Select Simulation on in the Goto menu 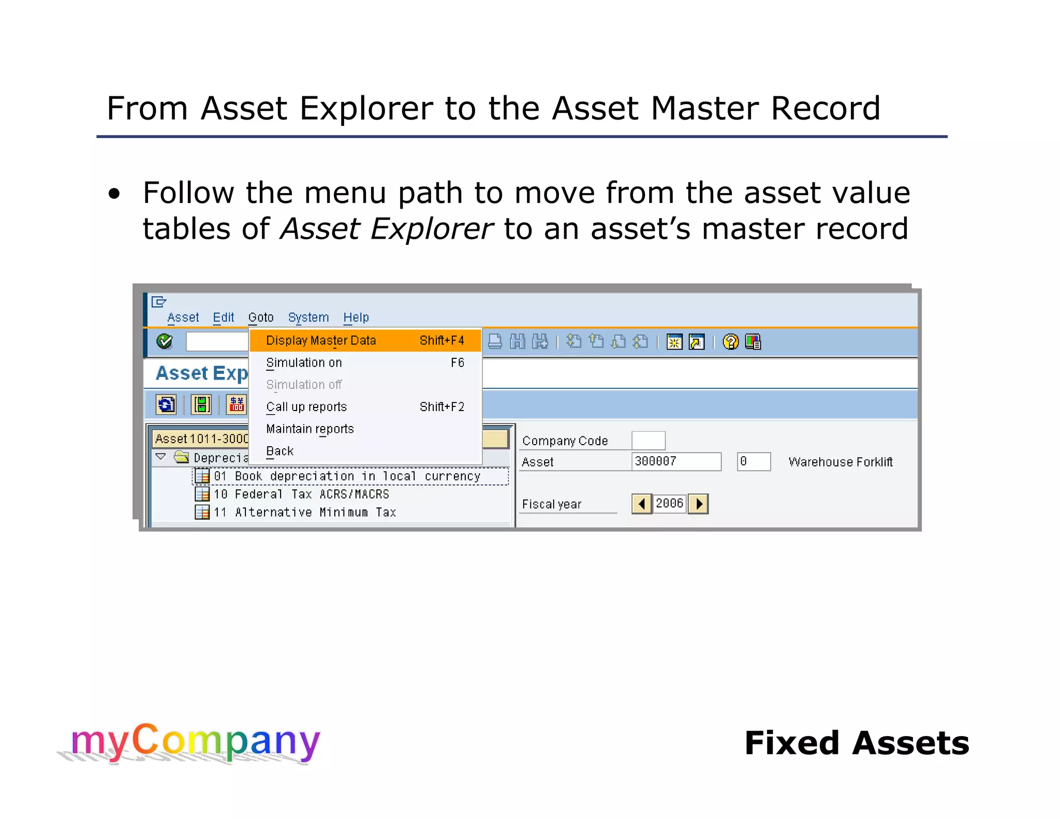point(304,363)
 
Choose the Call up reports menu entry point(306,407)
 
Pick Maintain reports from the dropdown point(310,429)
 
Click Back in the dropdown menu point(279,451)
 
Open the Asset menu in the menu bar point(183,317)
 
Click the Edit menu point(223,317)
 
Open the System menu point(308,317)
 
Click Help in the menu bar point(356,317)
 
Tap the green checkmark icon point(165,342)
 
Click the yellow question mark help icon point(730,342)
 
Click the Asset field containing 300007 point(676,461)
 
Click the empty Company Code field point(648,441)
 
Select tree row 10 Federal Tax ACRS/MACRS point(301,494)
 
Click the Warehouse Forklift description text point(840,462)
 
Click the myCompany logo point(195,742)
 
